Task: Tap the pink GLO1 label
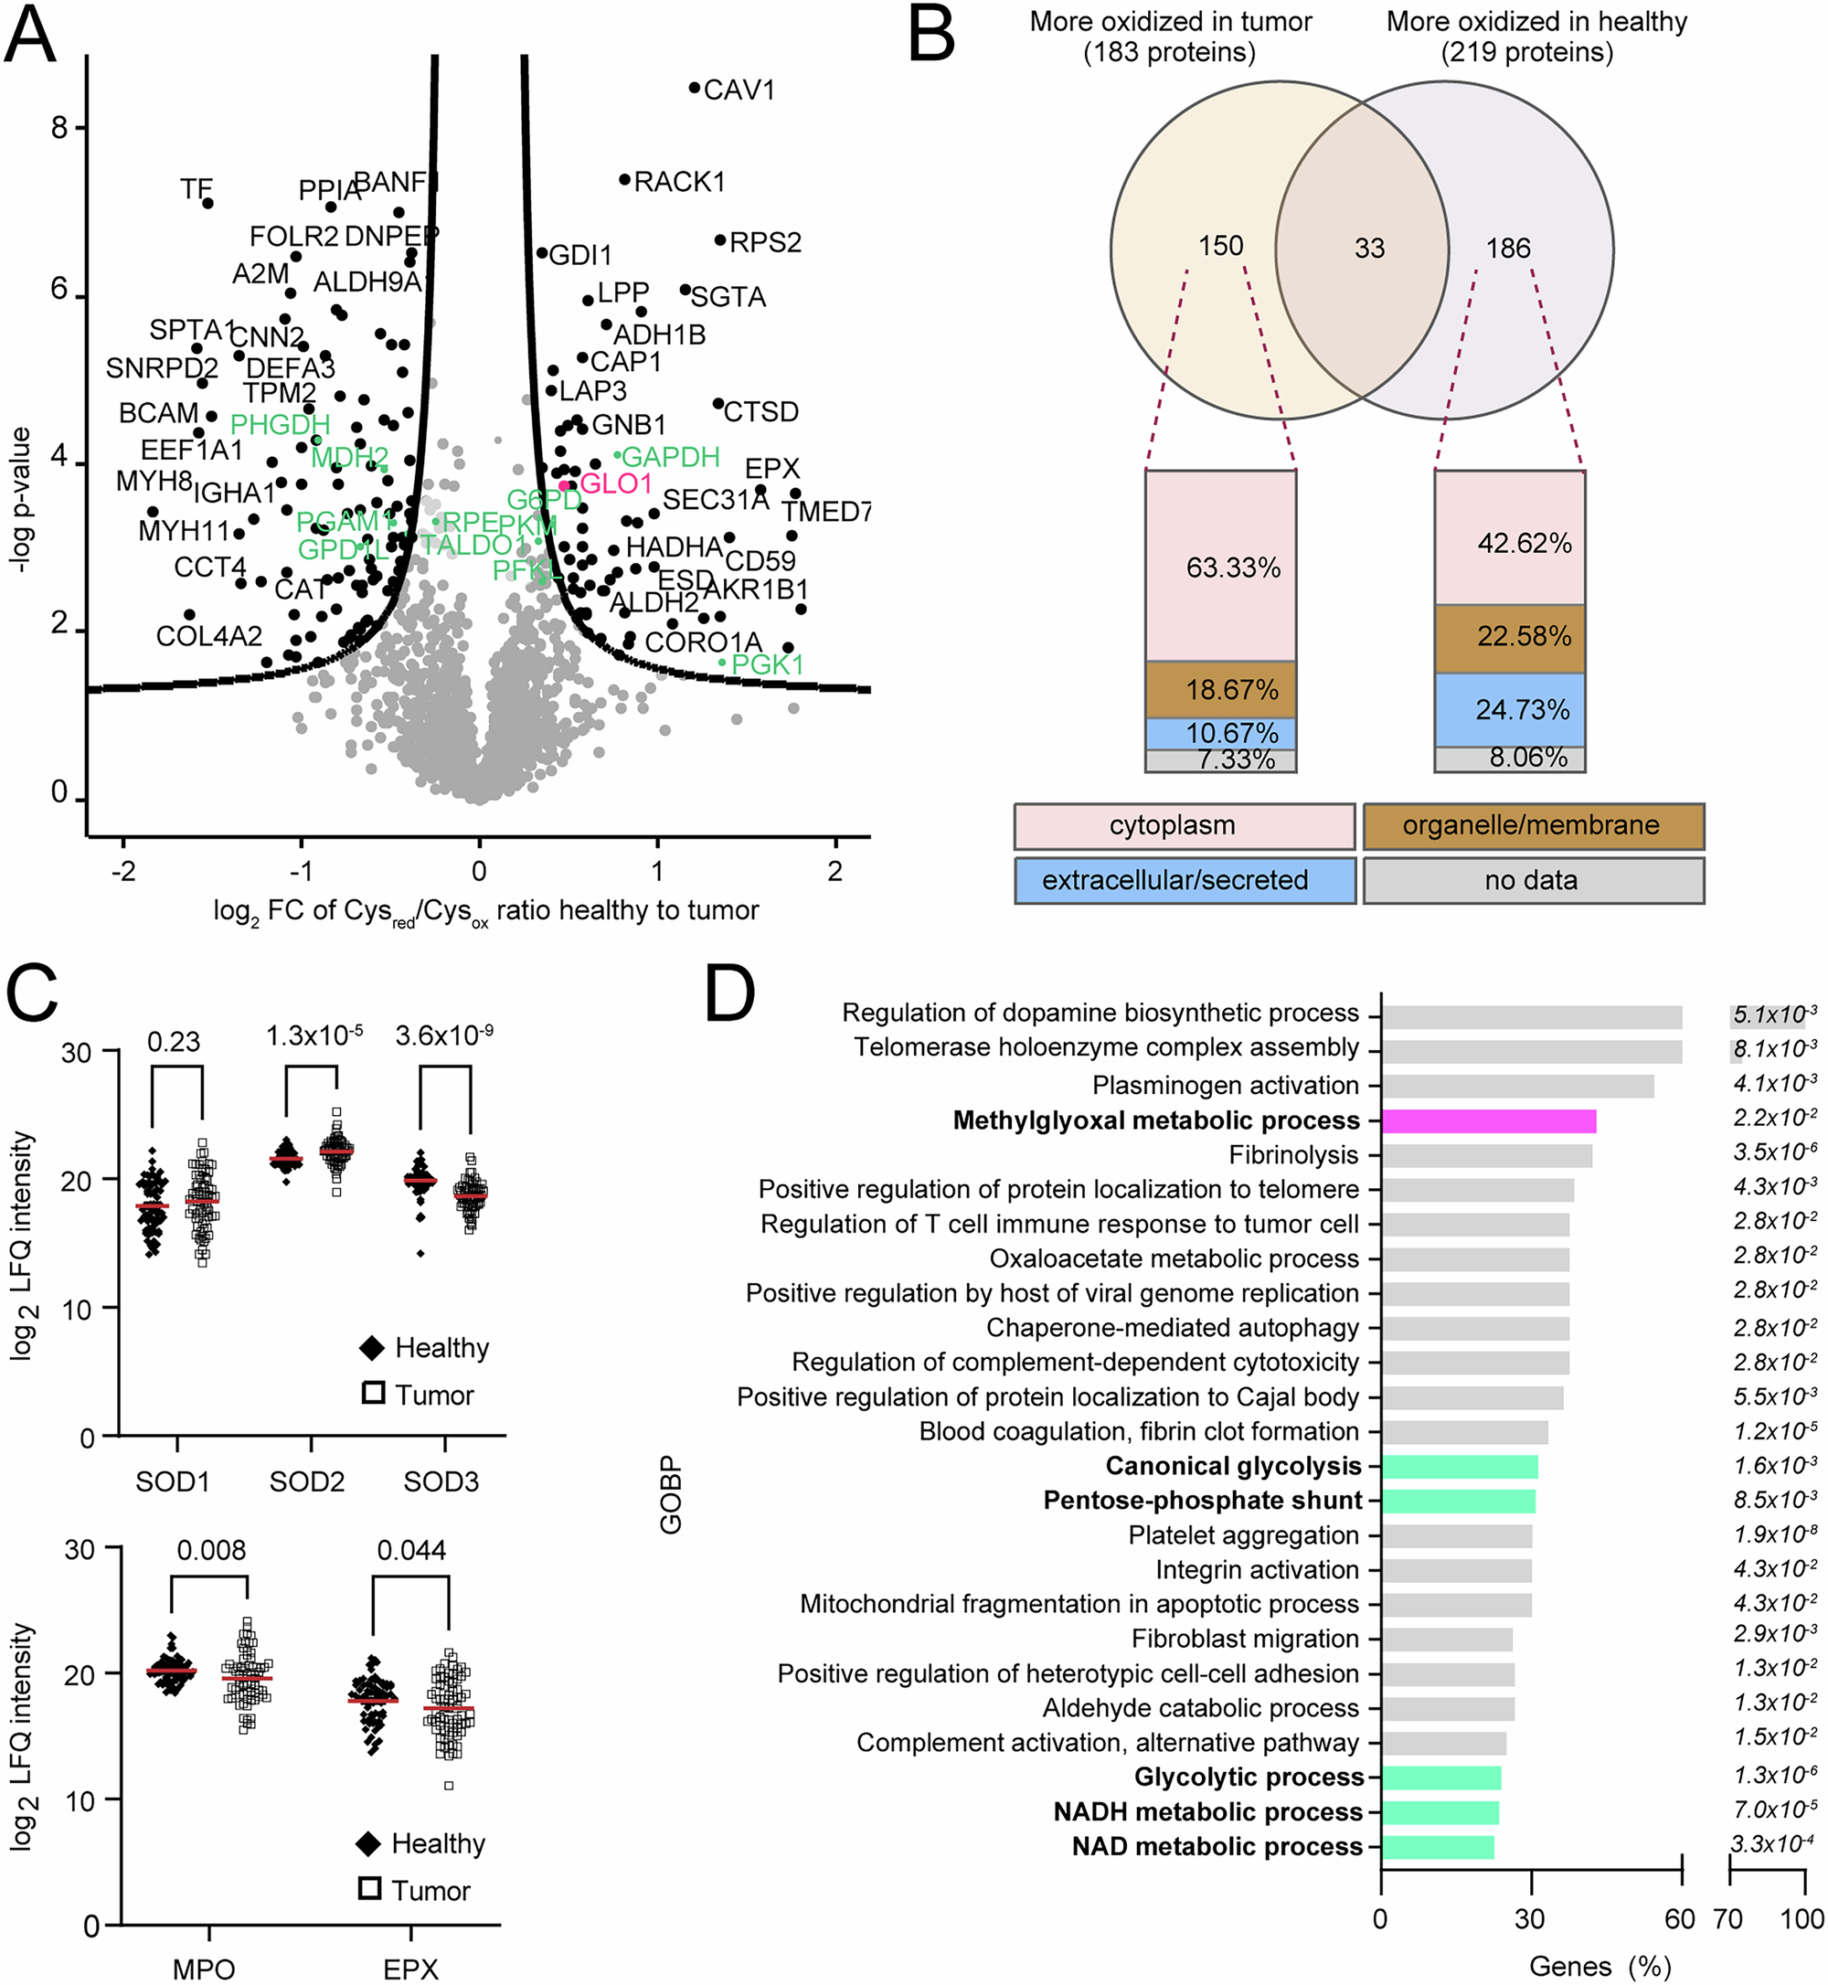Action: (615, 483)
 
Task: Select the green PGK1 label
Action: (768, 664)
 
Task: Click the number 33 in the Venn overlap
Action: (1369, 249)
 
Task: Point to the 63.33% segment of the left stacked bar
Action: (1232, 568)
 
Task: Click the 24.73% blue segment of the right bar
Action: (1523, 709)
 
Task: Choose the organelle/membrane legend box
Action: (1532, 826)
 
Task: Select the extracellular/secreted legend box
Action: (1184, 880)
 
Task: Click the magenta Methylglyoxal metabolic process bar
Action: (1488, 1120)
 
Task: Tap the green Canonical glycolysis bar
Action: (1459, 1467)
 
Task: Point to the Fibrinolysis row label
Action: (1293, 1155)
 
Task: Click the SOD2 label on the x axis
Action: (306, 1481)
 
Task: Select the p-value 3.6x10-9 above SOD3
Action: (444, 1035)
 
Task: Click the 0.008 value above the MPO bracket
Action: (211, 1550)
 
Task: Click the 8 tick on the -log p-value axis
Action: (59, 128)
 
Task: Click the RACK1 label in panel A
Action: (678, 182)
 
